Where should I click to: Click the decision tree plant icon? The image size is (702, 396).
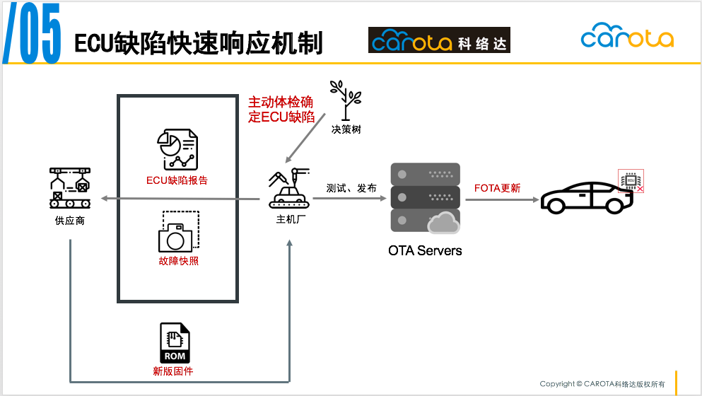pos(346,100)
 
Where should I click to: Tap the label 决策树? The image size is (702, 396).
pos(346,129)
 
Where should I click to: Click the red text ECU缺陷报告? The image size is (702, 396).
pos(177,180)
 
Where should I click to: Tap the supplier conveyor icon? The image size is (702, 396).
pos(70,188)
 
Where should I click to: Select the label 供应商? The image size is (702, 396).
pos(70,221)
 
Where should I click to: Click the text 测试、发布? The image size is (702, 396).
pos(351,188)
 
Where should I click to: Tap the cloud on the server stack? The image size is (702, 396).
pos(443,223)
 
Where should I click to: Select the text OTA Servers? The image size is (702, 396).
pos(425,250)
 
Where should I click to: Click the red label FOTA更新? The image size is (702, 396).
pos(497,188)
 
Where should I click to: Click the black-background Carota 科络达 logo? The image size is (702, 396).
pos(439,40)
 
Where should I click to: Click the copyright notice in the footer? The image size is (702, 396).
pos(602,384)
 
